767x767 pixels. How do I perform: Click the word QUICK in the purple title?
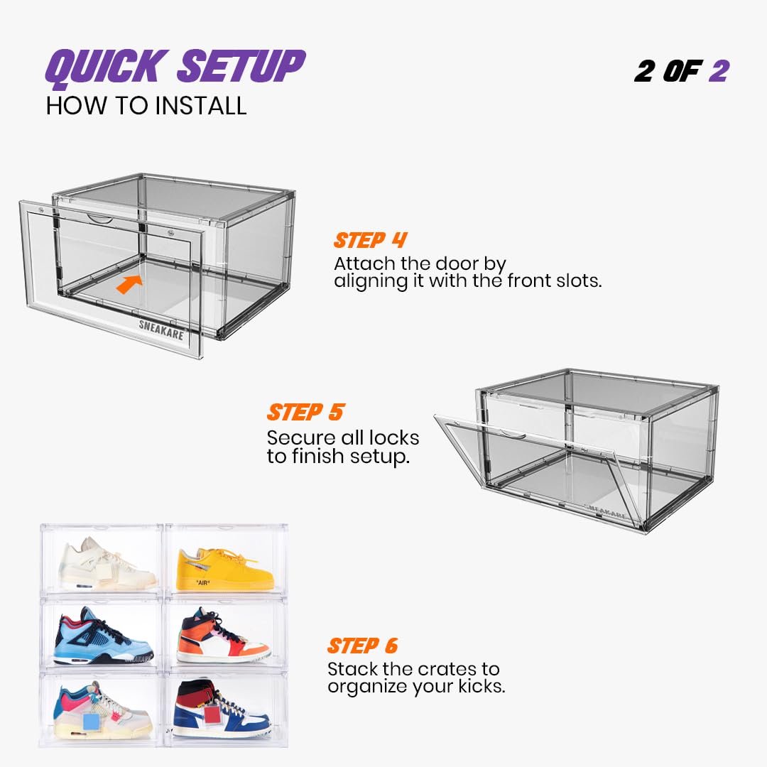(x=104, y=67)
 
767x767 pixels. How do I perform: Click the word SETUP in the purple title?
(x=241, y=66)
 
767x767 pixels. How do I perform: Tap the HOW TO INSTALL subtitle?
(x=146, y=106)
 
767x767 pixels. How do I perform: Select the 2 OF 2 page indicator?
(x=681, y=72)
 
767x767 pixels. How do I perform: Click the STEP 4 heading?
(x=370, y=240)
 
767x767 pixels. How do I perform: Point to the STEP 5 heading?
(x=305, y=412)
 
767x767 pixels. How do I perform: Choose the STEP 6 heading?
(x=362, y=646)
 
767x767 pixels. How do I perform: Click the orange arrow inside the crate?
(x=129, y=283)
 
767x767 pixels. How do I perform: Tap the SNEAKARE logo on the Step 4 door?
(x=161, y=330)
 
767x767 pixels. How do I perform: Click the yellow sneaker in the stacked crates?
(x=225, y=569)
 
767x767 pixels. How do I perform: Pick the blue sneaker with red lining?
(x=104, y=636)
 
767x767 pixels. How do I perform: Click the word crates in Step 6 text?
(x=446, y=669)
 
